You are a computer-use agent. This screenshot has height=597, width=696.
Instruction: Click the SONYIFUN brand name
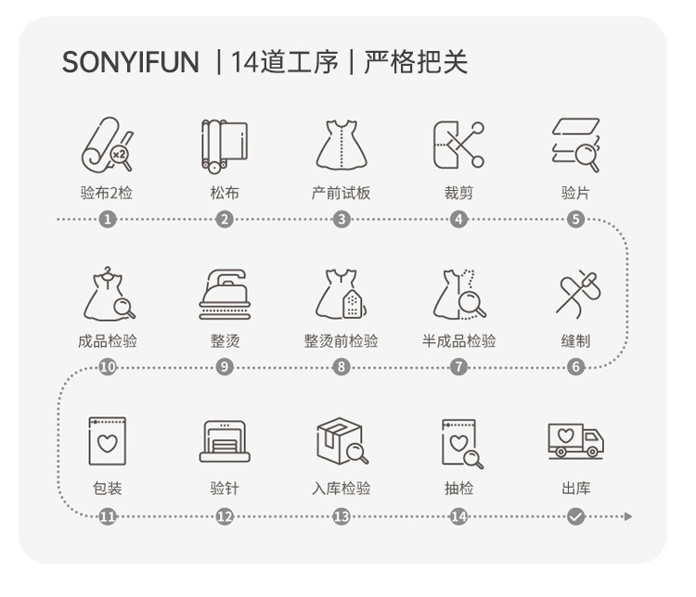point(130,62)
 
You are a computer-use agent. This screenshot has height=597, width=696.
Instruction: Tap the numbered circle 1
point(108,220)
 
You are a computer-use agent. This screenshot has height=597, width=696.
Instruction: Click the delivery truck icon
point(575,440)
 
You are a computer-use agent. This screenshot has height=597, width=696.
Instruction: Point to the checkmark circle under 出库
point(575,516)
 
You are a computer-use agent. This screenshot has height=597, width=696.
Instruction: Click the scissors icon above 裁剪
point(458,146)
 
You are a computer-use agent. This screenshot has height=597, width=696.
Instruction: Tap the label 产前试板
point(342,193)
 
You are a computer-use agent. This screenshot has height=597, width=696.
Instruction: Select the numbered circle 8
point(342,367)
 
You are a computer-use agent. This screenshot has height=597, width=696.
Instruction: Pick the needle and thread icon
point(575,293)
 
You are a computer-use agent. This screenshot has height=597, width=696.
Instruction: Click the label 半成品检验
point(458,341)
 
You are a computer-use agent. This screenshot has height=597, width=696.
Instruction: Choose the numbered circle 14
point(458,516)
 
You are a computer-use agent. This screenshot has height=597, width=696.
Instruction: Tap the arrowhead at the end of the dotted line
point(628,516)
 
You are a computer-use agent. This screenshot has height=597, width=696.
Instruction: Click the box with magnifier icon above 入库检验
point(342,440)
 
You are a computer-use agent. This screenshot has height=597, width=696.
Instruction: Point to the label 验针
point(225,489)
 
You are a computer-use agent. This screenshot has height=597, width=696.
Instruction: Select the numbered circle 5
point(575,220)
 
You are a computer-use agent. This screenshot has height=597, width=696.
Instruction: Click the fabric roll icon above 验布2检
point(108,146)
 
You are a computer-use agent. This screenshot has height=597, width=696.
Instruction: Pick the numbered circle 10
point(108,367)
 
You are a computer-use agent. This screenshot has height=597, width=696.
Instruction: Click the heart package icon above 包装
point(108,440)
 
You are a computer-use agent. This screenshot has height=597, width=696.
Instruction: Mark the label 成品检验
point(108,341)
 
